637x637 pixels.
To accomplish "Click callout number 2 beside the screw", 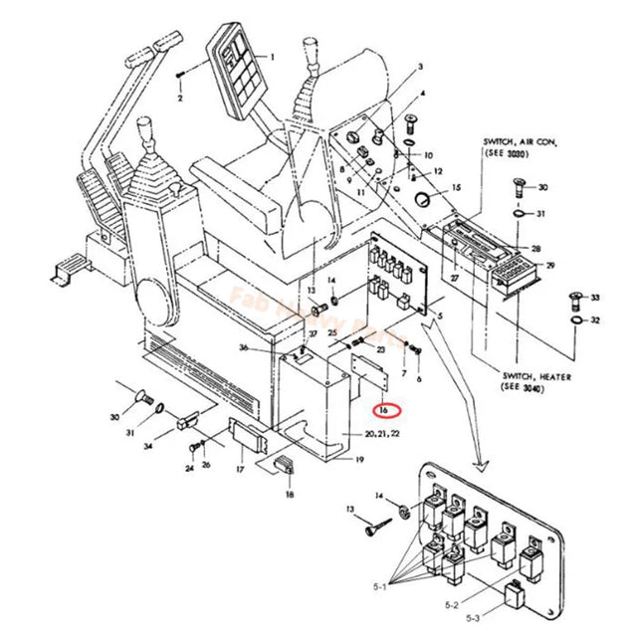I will click(180, 100).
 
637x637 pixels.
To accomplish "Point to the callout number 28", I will click(536, 248).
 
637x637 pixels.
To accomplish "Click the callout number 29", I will click(550, 267).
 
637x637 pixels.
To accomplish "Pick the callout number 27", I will click(458, 281).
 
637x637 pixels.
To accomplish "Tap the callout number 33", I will click(595, 298).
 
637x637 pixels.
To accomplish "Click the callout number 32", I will click(595, 320).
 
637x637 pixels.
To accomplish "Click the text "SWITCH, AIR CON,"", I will click(521, 143).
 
